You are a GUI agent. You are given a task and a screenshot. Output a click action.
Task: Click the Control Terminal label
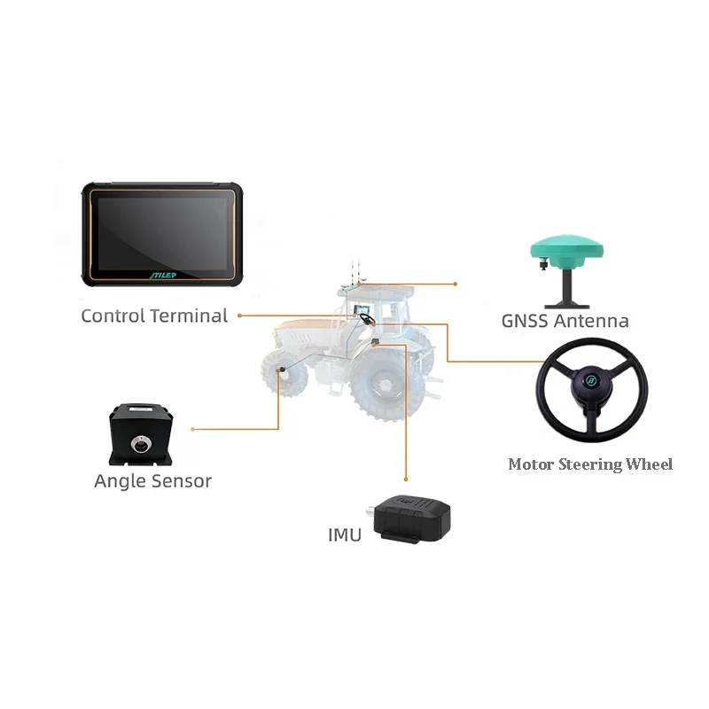pos(154,316)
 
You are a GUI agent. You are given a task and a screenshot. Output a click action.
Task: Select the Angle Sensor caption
pos(152,481)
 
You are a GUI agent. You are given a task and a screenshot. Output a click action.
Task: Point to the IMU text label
pos(345,535)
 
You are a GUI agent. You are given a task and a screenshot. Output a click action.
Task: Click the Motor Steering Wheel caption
pos(590,464)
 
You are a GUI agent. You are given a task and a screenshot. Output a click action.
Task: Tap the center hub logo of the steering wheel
pos(589,386)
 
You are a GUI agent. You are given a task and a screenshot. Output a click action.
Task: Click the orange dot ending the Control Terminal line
pos(239,315)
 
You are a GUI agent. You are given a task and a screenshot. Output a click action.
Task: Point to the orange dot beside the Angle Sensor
pos(193,429)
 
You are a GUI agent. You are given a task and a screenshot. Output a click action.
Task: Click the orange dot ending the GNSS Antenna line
pos(455,284)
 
